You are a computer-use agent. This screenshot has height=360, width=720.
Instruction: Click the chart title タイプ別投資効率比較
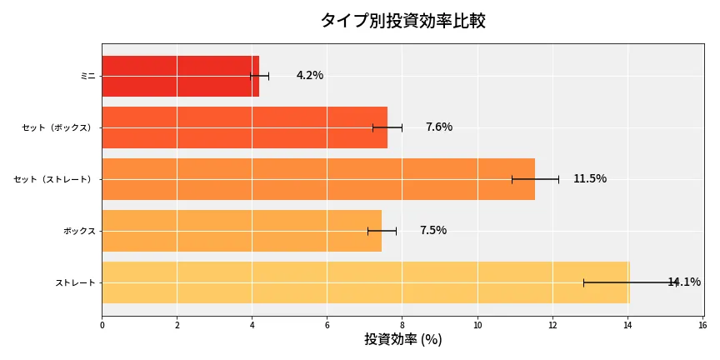click(402, 21)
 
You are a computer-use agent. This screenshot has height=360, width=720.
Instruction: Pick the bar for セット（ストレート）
click(317, 179)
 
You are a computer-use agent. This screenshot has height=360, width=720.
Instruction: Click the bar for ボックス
click(242, 231)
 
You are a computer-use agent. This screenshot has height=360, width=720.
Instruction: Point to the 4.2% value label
click(310, 76)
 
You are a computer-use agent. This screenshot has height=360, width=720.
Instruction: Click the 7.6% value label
click(439, 127)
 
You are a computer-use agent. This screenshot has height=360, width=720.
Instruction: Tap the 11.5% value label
click(590, 179)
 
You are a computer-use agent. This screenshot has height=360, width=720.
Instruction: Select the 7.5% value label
click(433, 231)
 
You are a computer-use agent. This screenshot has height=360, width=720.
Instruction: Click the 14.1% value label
click(684, 282)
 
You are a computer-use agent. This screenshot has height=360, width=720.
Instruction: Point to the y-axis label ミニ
click(87, 76)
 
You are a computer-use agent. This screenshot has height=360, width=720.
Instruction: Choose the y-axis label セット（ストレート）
click(55, 179)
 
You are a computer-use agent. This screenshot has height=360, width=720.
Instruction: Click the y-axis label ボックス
click(80, 231)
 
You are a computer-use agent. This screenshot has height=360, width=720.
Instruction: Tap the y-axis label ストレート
click(76, 282)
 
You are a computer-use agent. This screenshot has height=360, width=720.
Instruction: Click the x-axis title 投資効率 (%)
click(402, 340)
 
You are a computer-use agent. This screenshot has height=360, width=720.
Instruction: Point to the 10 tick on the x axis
click(477, 325)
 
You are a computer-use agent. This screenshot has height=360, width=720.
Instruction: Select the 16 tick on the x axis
click(702, 325)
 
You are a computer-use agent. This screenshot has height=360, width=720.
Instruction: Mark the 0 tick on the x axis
click(102, 325)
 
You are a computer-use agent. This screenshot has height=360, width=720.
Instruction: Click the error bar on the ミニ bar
click(259, 76)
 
